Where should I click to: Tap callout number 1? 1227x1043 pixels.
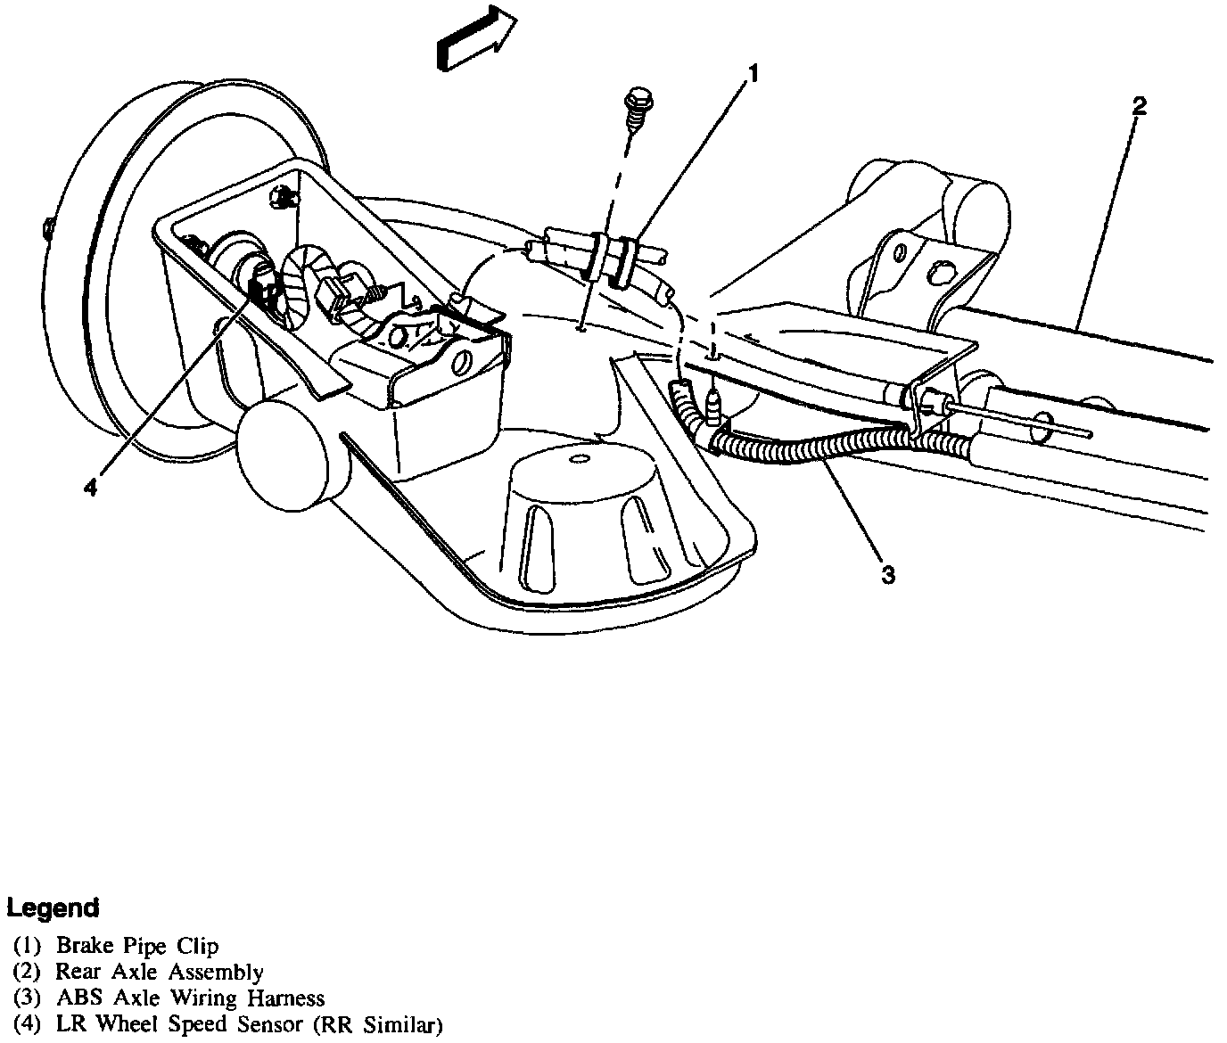[x=753, y=73]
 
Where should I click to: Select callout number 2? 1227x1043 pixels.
[x=1139, y=106]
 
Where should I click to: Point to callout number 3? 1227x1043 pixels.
[x=887, y=575]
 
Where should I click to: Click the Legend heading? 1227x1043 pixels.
[x=53, y=908]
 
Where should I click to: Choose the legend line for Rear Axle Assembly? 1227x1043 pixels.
[x=138, y=972]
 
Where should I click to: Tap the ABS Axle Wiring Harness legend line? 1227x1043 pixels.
[x=169, y=998]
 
